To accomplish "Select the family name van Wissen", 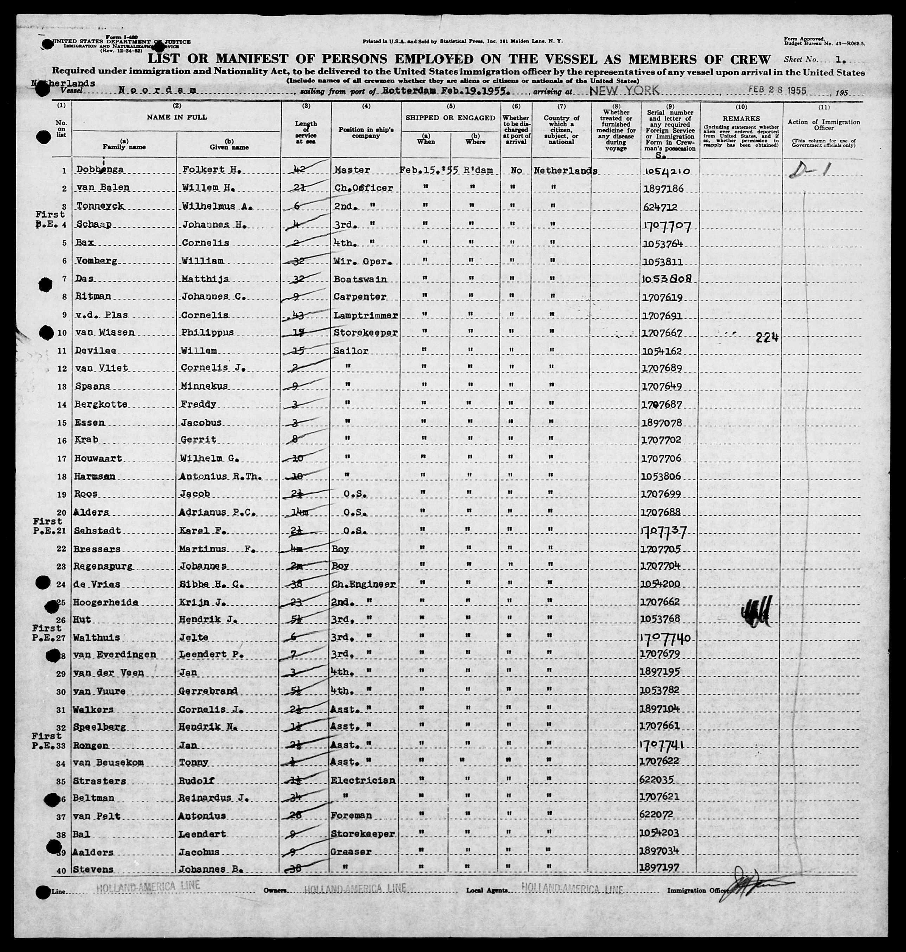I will (x=105, y=332).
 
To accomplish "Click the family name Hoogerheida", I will (x=106, y=602).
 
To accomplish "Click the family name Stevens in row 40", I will (x=94, y=869).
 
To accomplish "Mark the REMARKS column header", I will (x=741, y=119).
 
